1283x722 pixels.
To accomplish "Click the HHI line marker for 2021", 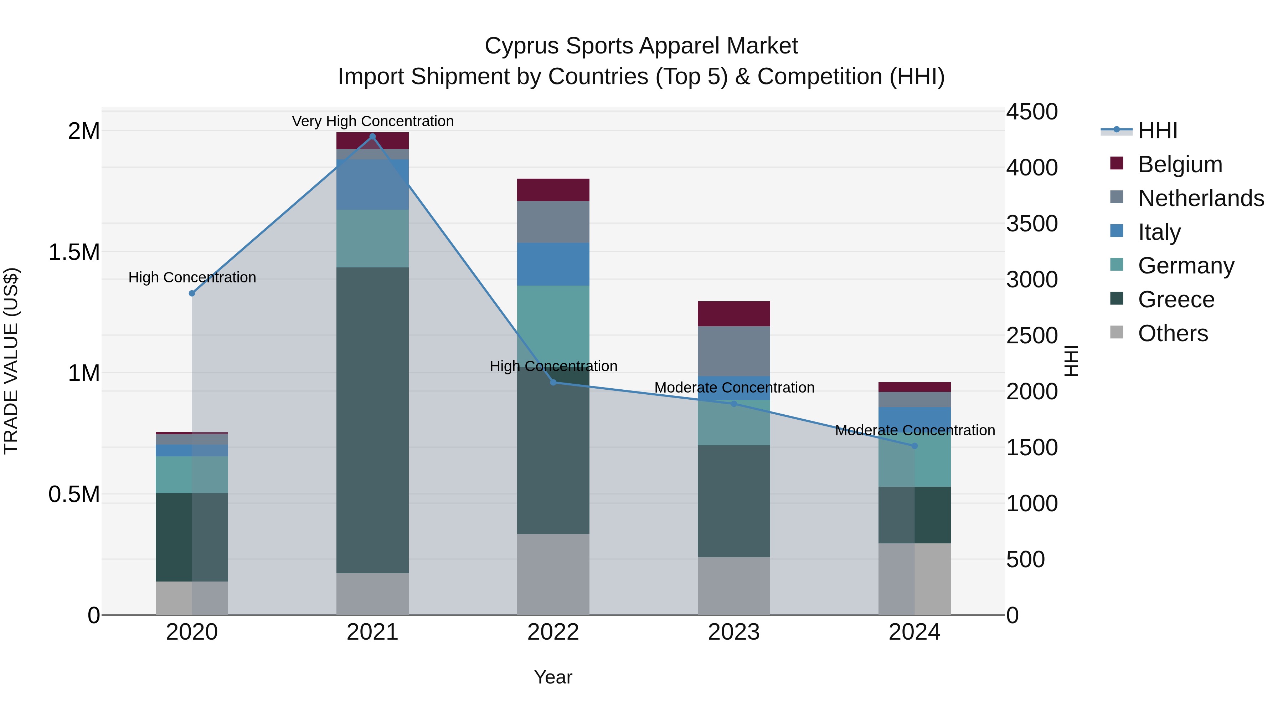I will tap(372, 137).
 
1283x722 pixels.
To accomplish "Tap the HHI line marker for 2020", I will tap(192, 293).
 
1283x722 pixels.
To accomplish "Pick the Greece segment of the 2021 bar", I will tap(372, 420).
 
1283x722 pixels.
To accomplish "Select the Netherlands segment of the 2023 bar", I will tap(734, 351).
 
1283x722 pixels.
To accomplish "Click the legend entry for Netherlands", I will tap(1200, 198).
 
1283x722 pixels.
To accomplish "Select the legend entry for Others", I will tap(1173, 333).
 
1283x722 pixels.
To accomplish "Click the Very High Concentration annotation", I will tap(372, 121).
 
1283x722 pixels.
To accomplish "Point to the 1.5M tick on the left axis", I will tap(74, 252).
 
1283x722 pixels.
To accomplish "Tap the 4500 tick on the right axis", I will tap(1031, 112).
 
